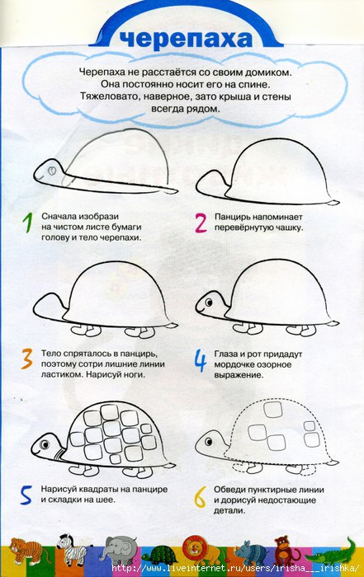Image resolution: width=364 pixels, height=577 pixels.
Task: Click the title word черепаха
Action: tap(187, 40)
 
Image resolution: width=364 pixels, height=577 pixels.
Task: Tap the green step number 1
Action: tap(27, 223)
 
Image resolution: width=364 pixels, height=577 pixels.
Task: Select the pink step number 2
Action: tap(201, 223)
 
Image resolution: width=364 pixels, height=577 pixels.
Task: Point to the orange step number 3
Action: tap(27, 359)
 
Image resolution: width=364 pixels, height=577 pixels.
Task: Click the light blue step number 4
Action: tap(201, 361)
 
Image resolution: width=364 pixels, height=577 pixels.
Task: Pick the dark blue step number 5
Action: tap(26, 495)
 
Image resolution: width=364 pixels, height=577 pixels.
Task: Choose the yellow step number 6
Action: tap(200, 497)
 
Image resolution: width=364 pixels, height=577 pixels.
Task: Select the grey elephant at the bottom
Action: tap(119, 551)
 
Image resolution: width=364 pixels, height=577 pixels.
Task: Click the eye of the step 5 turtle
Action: tap(45, 444)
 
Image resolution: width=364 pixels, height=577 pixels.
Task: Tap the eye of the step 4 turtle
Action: tap(209, 303)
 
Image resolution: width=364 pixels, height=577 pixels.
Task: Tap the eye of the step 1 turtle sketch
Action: tap(52, 171)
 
